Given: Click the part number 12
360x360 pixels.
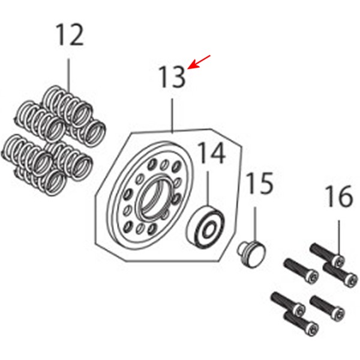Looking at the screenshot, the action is (x=70, y=35).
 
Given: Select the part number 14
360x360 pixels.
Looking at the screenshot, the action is (x=212, y=153).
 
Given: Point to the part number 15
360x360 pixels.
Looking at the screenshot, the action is (x=260, y=183).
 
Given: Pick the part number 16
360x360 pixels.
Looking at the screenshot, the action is (x=339, y=196).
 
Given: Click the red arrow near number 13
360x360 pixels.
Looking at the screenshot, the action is (x=199, y=62).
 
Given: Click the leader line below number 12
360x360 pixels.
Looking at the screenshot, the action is (x=69, y=75).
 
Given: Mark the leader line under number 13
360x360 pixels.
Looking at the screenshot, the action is (x=172, y=116).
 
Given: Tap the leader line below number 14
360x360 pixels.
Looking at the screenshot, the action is (x=208, y=190).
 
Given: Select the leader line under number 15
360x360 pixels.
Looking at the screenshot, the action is (x=254, y=225).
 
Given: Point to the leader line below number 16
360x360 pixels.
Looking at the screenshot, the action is (x=339, y=238).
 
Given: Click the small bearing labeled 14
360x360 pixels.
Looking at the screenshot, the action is (x=205, y=227).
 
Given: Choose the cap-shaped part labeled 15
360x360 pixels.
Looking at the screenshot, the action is (x=251, y=253).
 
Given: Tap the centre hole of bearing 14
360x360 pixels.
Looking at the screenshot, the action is (x=209, y=230).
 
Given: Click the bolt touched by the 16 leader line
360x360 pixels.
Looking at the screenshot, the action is (x=327, y=256).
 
